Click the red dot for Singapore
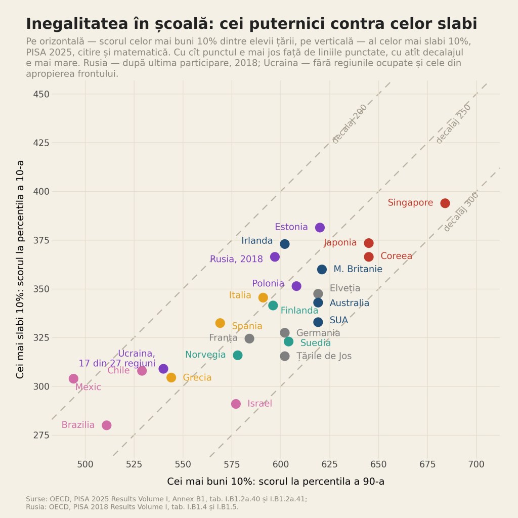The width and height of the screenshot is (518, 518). [445, 203]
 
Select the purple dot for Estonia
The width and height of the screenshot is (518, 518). [320, 227]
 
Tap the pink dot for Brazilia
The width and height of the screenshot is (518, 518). [106, 425]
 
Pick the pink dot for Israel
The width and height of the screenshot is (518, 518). [236, 404]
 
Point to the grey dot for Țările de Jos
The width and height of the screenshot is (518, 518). [285, 356]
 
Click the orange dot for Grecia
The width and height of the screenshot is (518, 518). [171, 377]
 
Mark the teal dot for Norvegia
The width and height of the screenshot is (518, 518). [238, 355]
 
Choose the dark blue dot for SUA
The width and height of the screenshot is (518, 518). [318, 322]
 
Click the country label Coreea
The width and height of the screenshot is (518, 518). [397, 256]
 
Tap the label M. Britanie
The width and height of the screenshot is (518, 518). [358, 269]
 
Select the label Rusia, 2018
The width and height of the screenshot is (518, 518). [237, 259]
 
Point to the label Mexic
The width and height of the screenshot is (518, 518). [88, 387]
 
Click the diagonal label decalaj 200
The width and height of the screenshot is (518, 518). [350, 124]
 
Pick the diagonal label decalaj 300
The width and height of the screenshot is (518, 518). [461, 212]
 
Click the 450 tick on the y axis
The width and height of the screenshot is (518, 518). [41, 94]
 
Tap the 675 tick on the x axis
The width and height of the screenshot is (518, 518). [427, 464]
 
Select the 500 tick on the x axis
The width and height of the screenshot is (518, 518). [85, 464]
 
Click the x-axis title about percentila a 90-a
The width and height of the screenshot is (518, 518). [276, 482]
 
